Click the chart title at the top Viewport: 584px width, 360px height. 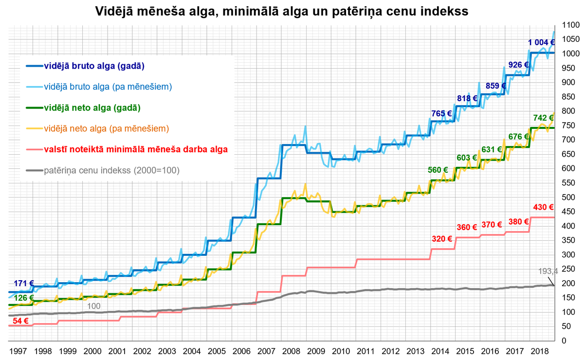282,10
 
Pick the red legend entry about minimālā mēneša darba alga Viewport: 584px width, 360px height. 136,149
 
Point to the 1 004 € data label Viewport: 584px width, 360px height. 541,42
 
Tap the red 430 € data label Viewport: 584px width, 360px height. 544,207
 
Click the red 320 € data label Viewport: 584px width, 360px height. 442,239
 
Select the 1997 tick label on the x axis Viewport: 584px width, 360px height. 18,351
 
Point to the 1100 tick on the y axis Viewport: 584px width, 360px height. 570,25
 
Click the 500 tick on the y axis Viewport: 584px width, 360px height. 568,197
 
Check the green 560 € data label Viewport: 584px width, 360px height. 438,170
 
